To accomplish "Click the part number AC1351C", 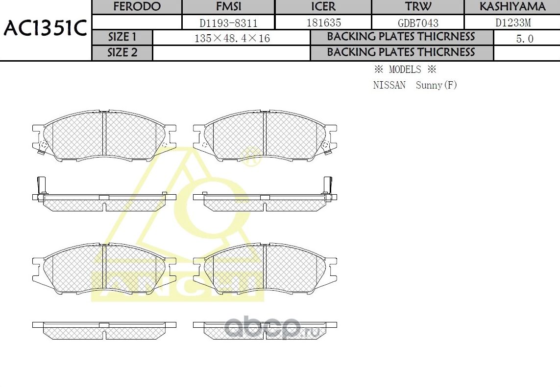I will (45, 29).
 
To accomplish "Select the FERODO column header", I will (137, 7).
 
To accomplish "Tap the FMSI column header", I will (228, 7).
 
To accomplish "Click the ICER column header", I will (323, 7).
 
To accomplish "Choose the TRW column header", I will (418, 7).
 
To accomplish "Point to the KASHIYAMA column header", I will (512, 7).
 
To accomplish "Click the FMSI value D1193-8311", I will (228, 23).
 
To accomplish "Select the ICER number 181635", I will (323, 23).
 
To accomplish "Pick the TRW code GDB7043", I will (418, 23).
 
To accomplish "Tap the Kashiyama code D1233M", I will (512, 23).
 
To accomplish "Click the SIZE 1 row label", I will (122, 37).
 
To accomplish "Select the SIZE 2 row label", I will (122, 52).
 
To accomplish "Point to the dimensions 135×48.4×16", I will (232, 38).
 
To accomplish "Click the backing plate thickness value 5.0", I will (525, 39).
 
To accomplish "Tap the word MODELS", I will (405, 69).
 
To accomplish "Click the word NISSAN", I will (389, 85).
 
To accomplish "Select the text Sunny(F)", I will (436, 85).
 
